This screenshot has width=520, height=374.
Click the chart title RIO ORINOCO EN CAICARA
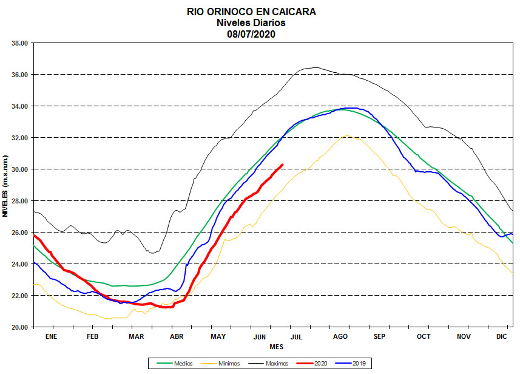pyautogui.click(x=251, y=12)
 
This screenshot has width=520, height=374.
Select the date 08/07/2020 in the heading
pyautogui.click(x=251, y=33)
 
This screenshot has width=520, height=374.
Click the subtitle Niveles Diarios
pyautogui.click(x=251, y=22)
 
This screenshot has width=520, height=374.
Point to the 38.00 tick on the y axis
pyautogui.click(x=20, y=43)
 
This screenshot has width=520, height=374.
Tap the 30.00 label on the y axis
pyautogui.click(x=20, y=169)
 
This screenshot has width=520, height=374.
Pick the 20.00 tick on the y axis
pyautogui.click(x=20, y=327)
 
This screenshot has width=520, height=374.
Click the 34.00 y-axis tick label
pyautogui.click(x=20, y=106)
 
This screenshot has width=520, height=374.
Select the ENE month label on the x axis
pyautogui.click(x=50, y=336)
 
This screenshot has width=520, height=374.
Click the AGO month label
pyautogui.click(x=340, y=336)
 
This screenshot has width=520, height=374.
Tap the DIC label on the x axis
pyautogui.click(x=502, y=336)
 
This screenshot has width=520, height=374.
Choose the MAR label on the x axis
pyautogui.click(x=136, y=336)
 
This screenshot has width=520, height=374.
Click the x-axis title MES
pyautogui.click(x=276, y=347)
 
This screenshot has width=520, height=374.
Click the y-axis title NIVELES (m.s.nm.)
pyautogui.click(x=5, y=186)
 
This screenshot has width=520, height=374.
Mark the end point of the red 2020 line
pyautogui.click(x=282, y=165)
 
